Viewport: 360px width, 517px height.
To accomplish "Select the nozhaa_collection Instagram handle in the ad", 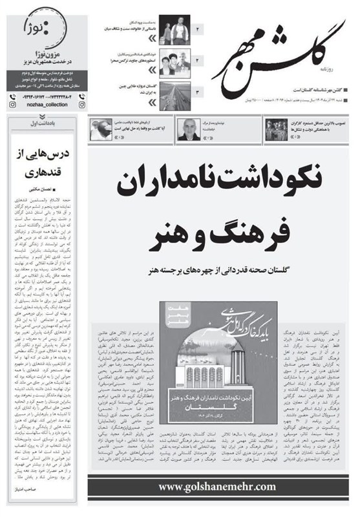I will click(x=29, y=103).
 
